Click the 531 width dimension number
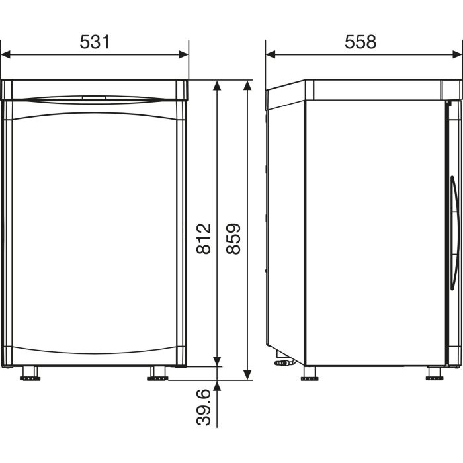[95, 42]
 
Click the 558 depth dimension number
[360, 42]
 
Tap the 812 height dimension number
[204, 239]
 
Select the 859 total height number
[233, 239]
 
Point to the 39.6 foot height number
[204, 407]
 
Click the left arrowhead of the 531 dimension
[5, 55]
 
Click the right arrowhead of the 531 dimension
[184, 55]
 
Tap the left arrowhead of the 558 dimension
[271, 55]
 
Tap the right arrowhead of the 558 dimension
[457, 55]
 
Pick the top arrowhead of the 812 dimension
[217, 85]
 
